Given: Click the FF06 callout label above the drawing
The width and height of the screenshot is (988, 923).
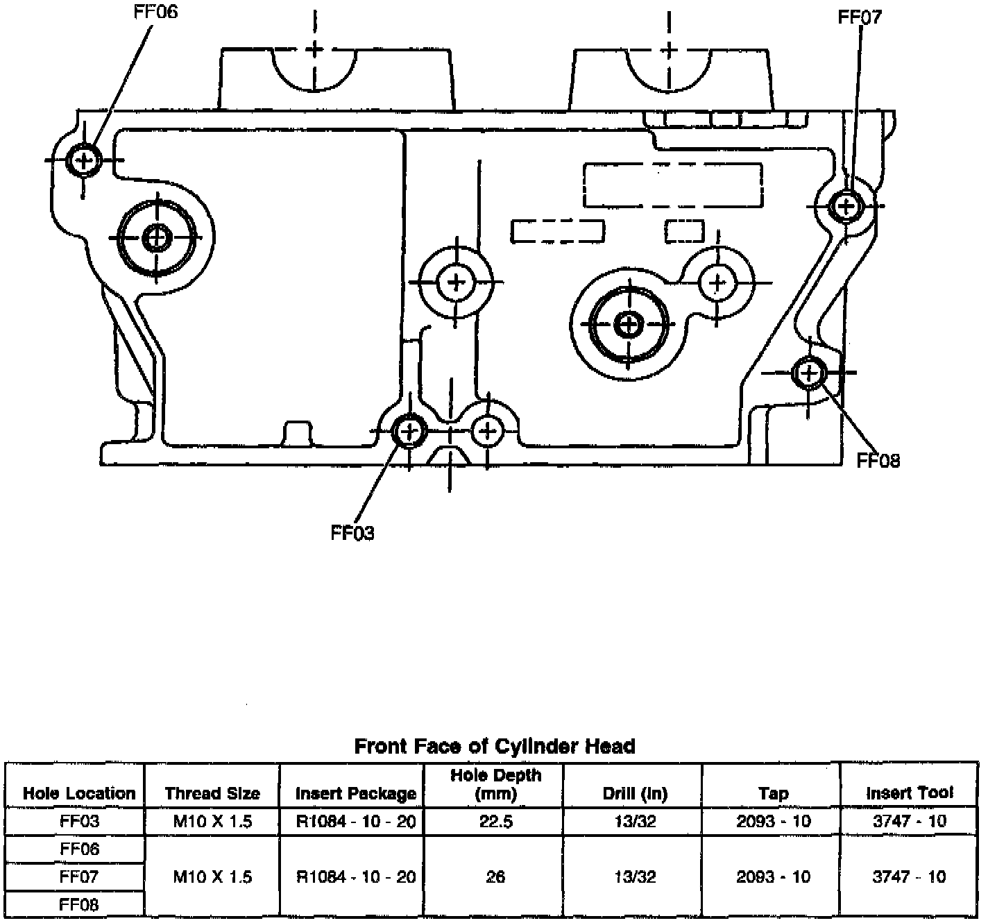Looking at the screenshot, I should tap(155, 12).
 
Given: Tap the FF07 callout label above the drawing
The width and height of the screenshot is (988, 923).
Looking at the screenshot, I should tap(860, 17).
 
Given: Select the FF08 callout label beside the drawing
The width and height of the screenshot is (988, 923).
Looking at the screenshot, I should tap(878, 460).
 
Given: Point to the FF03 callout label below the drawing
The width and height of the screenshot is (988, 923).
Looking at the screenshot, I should tap(352, 533).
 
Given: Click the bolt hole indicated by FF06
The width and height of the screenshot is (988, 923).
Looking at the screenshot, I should tap(84, 160).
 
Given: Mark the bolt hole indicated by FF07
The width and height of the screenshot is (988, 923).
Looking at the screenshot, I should tap(846, 205).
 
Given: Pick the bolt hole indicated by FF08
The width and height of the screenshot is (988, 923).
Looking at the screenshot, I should tap(808, 373).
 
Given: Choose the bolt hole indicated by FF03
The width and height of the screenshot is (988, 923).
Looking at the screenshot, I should tap(409, 432).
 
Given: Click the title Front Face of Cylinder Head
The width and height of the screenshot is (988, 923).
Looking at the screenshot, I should tap(495, 746).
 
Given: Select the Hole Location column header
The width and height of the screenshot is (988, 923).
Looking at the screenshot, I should tap(79, 793).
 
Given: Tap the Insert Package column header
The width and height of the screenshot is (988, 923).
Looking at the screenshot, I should tap(355, 793).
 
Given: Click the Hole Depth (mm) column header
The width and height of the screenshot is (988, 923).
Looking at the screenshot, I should tap(495, 784).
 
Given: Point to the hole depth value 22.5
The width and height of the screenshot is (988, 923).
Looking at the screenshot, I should tap(495, 822).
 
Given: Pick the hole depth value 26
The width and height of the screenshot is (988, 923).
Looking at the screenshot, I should tap(495, 877).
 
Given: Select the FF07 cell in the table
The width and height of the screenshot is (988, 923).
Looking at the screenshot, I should tap(79, 877).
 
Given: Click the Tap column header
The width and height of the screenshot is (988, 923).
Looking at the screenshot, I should tap(773, 793).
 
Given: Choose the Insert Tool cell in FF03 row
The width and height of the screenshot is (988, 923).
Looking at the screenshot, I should tap(909, 822).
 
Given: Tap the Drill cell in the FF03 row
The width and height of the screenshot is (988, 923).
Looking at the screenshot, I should tap(635, 822).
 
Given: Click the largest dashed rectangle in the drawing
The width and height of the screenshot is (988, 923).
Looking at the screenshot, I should tap(672, 185).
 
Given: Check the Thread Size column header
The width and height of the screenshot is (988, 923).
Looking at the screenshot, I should tap(212, 793).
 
